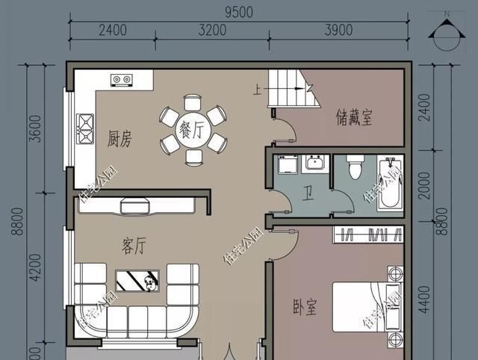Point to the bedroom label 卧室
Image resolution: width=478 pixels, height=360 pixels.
[x=304, y=306]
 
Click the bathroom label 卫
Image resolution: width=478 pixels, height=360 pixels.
[x=307, y=193]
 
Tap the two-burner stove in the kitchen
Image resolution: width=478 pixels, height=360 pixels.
[x=121, y=79]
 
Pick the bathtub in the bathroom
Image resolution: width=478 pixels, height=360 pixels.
[x=388, y=183]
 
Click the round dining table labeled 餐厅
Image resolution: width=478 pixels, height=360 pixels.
[x=193, y=129]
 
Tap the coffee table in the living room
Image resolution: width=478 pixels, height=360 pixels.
[x=140, y=282]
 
